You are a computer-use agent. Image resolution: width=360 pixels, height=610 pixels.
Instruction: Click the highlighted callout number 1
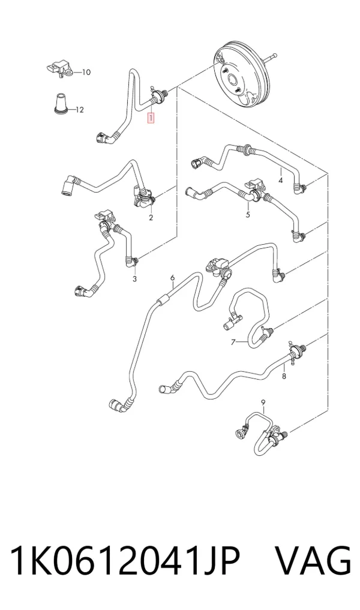[151, 118]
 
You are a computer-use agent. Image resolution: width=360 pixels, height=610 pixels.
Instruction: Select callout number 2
[151, 218]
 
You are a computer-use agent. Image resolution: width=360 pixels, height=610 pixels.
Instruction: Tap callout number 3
[134, 278]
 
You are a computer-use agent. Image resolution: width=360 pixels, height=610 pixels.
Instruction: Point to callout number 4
[280, 180]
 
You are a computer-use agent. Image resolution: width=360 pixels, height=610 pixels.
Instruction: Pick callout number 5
[248, 214]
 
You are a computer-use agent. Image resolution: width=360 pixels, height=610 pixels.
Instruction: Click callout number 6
[172, 278]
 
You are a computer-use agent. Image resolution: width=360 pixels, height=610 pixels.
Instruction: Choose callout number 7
[233, 342]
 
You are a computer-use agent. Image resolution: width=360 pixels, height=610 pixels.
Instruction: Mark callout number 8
[284, 376]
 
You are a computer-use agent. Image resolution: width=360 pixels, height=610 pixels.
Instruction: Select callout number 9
[263, 401]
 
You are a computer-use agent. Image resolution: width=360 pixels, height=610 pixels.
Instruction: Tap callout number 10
[86, 72]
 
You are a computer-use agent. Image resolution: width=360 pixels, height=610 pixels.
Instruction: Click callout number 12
[79, 110]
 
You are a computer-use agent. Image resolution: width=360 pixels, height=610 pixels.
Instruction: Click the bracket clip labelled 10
[59, 68]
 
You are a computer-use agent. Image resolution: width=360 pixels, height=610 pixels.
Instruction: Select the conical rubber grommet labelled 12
[61, 104]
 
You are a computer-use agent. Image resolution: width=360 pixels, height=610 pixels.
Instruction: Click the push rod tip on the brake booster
[275, 55]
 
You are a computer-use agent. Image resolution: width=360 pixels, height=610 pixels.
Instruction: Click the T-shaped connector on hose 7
[231, 321]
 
